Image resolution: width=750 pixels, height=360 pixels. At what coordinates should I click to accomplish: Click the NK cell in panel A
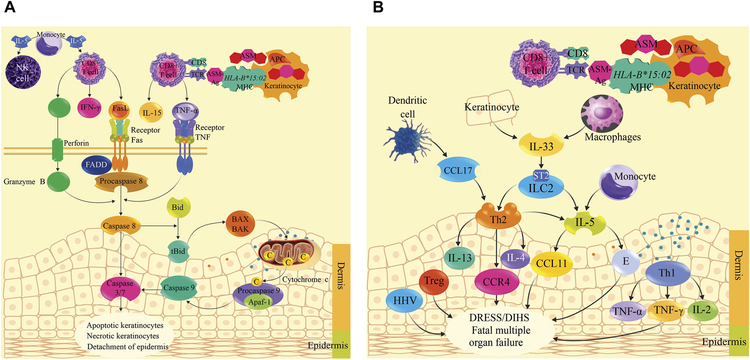23,72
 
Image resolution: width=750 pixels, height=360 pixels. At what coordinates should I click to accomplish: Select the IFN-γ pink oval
90,108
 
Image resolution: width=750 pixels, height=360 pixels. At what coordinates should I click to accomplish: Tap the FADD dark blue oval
97,165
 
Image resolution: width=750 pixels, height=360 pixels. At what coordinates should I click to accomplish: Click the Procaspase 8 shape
121,181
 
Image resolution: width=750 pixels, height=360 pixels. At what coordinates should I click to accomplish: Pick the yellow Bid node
178,207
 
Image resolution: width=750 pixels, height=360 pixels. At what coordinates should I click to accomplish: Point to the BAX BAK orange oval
240,224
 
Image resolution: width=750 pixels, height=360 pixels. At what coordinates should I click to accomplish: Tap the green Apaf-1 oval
259,302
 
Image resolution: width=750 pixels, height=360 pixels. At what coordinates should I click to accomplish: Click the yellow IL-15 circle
152,113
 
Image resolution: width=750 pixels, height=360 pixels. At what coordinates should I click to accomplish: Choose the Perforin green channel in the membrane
58,150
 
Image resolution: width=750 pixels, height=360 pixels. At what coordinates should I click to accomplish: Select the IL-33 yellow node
541,146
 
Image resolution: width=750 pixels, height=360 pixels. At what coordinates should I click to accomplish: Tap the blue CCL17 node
458,170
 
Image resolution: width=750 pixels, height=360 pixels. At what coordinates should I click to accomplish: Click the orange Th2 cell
498,218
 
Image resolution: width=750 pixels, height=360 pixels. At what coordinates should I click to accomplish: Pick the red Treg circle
434,281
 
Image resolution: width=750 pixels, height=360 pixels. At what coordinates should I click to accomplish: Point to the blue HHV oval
405,301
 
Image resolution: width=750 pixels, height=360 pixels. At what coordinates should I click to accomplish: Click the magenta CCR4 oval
496,282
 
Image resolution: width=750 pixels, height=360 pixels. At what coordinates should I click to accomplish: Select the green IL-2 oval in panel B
702,310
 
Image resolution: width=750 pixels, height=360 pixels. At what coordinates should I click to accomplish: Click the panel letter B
378,7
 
